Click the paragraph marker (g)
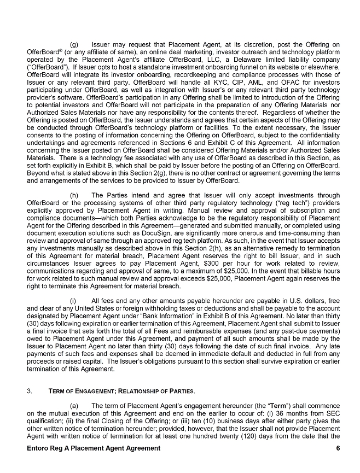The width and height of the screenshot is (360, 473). point(75,43)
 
